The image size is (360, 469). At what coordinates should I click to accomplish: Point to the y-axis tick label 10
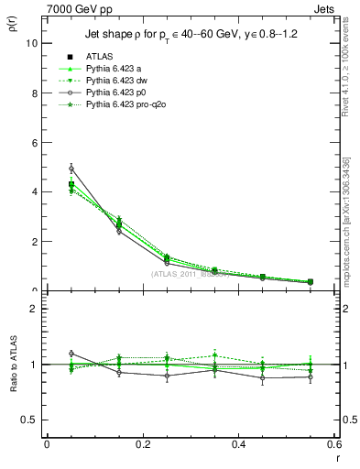click(33, 43)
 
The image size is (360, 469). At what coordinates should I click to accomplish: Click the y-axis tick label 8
click(36, 93)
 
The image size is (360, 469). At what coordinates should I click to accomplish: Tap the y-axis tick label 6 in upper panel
click(36, 143)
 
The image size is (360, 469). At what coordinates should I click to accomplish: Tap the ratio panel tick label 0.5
click(32, 420)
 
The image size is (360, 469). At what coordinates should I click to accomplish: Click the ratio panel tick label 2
click(36, 309)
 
